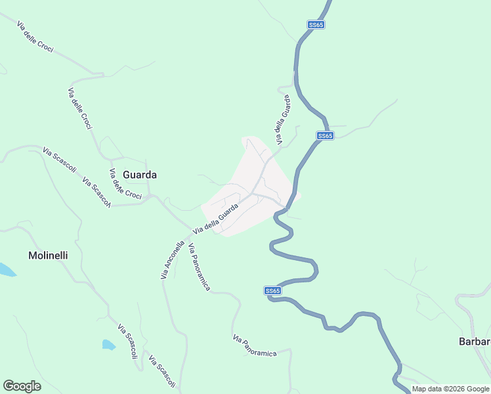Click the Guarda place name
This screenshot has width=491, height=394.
pos(140,175)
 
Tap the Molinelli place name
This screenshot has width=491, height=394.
pos(48,255)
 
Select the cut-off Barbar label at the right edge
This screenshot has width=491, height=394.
pos(474,341)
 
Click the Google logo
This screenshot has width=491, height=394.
pos(22,386)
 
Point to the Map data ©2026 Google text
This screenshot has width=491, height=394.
pos(450,389)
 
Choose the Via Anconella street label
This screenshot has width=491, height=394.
pos(172,261)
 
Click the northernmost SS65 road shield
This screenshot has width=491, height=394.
pos(316,25)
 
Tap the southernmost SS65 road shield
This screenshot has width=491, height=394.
pos(273,290)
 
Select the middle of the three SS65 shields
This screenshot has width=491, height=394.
pos(325,136)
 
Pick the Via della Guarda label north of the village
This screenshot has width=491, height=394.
pos(282,120)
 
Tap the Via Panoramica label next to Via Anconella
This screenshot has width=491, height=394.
pos(199,267)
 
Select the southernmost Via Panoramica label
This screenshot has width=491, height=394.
pos(255,345)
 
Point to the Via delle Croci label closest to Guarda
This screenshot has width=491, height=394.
pos(125,185)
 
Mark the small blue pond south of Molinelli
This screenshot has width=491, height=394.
pos(108,344)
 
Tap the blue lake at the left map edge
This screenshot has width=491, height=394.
pos(5,269)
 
